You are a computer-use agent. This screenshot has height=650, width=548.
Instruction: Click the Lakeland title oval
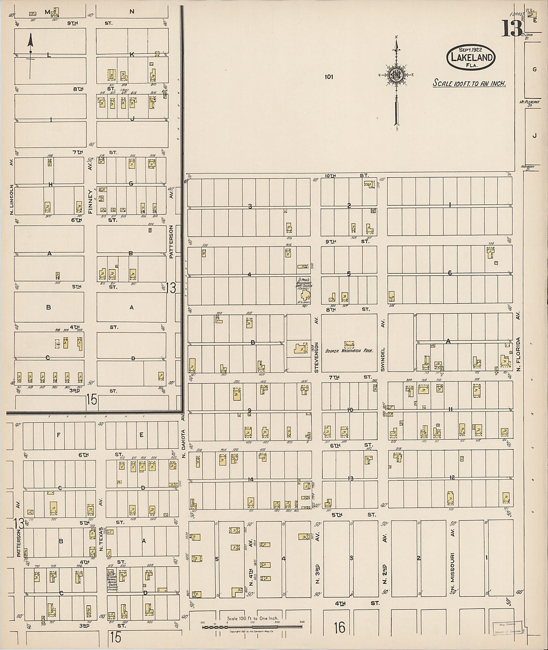click(471, 56)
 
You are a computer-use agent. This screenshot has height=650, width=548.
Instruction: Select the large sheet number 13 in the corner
click(512, 29)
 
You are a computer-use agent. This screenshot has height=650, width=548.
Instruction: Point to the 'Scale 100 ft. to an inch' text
click(469, 83)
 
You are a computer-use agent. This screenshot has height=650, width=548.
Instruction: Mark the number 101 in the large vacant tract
click(328, 77)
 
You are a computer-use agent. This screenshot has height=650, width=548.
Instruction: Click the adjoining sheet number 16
click(339, 628)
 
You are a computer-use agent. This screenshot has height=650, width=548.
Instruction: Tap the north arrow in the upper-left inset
click(30, 55)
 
